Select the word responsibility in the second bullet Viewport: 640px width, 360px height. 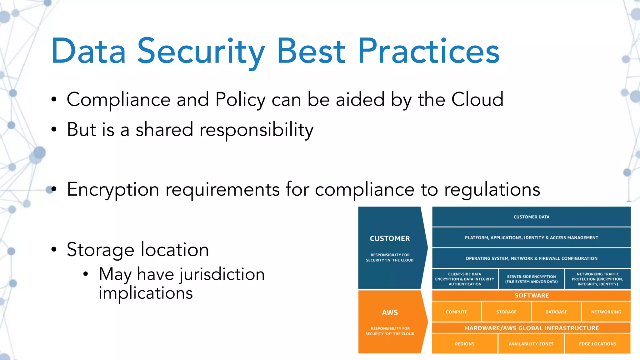(256, 130)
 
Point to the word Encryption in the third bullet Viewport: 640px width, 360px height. (113, 190)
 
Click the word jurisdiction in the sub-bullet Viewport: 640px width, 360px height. (222, 274)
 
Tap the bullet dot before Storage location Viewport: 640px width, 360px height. (54, 249)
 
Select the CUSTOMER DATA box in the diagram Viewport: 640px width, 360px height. (531, 217)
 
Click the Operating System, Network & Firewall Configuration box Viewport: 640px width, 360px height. (531, 258)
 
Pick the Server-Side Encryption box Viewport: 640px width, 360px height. (531, 279)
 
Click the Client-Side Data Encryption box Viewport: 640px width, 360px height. (465, 279)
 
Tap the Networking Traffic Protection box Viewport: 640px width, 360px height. (597, 279)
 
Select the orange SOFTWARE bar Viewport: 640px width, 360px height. (531, 296)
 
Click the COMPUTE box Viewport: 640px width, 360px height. (457, 312)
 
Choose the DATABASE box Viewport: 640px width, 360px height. (556, 312)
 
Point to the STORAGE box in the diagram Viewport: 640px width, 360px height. (506, 312)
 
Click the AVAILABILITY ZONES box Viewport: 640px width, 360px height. (531, 344)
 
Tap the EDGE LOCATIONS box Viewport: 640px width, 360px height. (597, 344)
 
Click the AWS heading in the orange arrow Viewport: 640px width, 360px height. (390, 312)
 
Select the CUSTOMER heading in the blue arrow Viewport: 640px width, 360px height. (390, 238)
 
